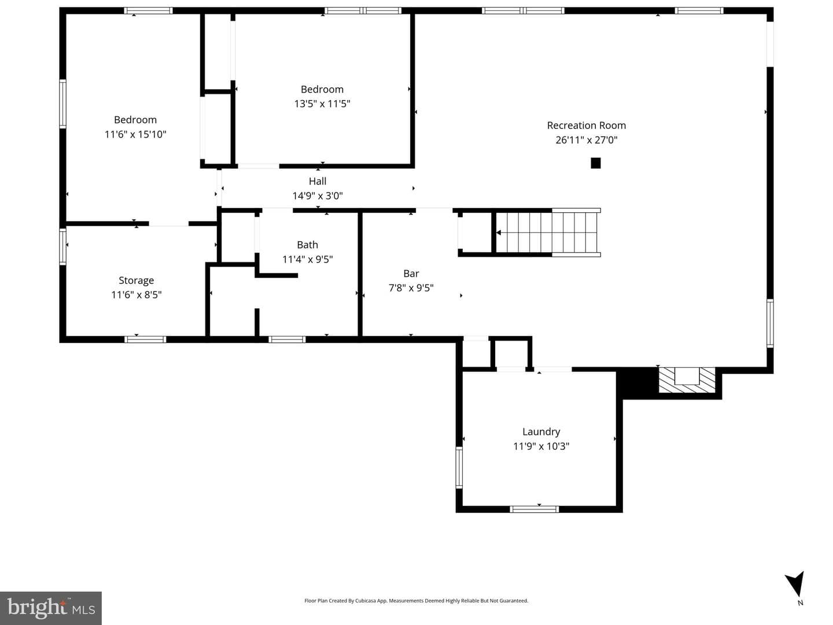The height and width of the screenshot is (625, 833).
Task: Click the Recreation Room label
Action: click(586, 125)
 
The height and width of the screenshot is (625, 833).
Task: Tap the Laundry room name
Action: click(541, 431)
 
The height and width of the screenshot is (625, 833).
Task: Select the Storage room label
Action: click(137, 280)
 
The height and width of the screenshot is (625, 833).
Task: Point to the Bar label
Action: click(411, 273)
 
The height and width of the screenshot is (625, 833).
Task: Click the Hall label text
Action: click(317, 182)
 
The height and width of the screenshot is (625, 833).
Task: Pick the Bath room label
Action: click(307, 245)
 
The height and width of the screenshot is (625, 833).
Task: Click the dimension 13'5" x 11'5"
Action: click(322, 103)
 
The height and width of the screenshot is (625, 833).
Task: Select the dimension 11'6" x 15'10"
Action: click(135, 134)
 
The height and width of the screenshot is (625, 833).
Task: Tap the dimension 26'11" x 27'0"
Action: click(587, 140)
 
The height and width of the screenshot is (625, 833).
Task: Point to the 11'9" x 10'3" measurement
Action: click(541, 446)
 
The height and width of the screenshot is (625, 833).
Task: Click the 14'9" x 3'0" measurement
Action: click(317, 196)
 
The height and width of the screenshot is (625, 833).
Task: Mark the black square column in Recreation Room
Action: click(595, 163)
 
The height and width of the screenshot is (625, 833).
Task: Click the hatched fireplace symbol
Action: click(687, 380)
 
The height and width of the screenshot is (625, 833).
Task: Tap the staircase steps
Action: click(547, 232)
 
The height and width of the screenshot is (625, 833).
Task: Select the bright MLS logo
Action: click(51, 608)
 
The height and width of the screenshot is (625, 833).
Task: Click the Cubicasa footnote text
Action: click(416, 601)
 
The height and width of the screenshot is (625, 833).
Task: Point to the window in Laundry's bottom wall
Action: click(534, 509)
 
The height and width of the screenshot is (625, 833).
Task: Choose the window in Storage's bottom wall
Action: click(145, 339)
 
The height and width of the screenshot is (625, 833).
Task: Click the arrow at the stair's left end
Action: click(498, 232)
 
